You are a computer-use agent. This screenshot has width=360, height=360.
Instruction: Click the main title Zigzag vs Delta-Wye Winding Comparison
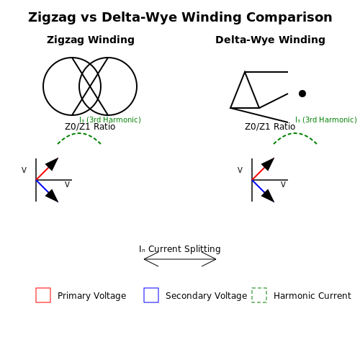tap(180, 17)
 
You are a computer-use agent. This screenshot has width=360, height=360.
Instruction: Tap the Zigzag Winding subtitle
tap(91, 40)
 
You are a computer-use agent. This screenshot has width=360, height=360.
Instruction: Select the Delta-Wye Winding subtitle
tap(270, 40)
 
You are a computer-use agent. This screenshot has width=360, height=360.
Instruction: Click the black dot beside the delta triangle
tap(302, 94)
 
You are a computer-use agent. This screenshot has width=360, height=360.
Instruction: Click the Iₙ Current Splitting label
tap(180, 249)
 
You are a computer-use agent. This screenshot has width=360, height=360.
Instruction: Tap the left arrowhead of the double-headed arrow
tap(150, 259)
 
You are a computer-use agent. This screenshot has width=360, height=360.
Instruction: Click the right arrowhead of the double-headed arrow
tap(210, 259)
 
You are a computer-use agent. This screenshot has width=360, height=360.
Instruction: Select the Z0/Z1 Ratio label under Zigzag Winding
tap(90, 127)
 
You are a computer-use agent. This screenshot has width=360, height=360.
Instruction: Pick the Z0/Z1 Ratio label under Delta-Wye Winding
tap(270, 127)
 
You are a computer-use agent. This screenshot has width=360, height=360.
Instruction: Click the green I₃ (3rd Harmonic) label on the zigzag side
tap(110, 120)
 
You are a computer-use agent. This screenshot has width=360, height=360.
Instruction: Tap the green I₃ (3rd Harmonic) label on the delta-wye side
tap(326, 120)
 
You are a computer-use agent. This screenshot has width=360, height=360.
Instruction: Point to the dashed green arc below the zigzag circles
tap(79, 133)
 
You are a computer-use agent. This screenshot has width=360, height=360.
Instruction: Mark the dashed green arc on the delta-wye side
tap(295, 133)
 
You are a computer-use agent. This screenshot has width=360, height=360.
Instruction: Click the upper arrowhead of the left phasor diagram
tap(53, 163)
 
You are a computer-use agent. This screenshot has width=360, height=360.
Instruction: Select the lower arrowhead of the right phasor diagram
tap(269, 197)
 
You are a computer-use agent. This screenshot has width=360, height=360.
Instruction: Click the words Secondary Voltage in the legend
tap(206, 296)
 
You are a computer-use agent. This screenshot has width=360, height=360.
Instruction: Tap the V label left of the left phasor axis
tap(24, 170)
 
